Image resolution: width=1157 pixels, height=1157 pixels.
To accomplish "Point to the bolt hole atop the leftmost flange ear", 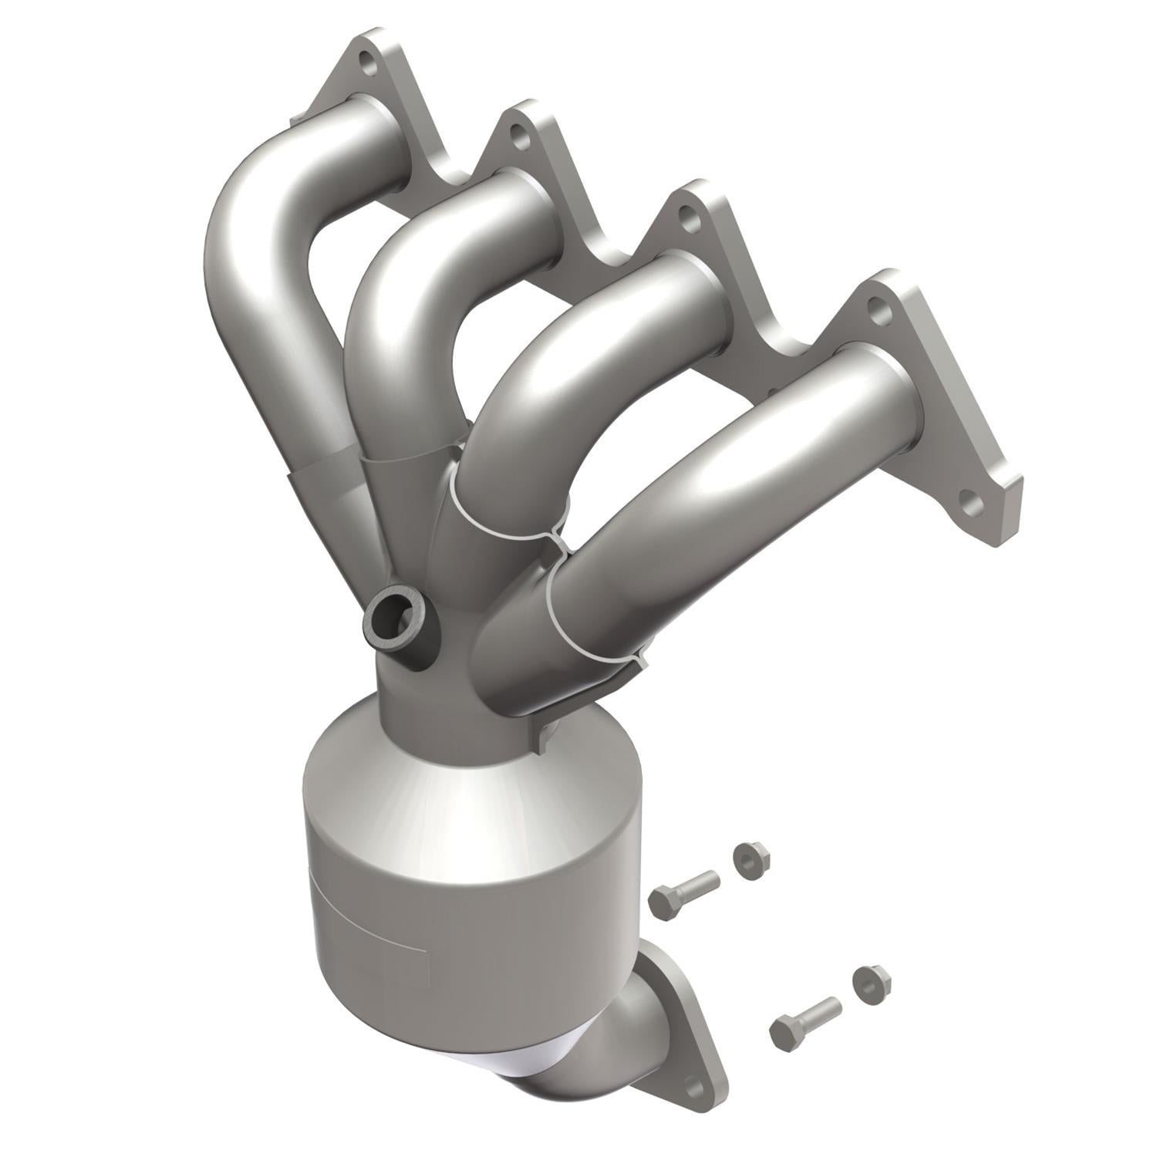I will [369, 66].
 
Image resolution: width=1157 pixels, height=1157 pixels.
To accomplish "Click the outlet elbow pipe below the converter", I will [602, 1057].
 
